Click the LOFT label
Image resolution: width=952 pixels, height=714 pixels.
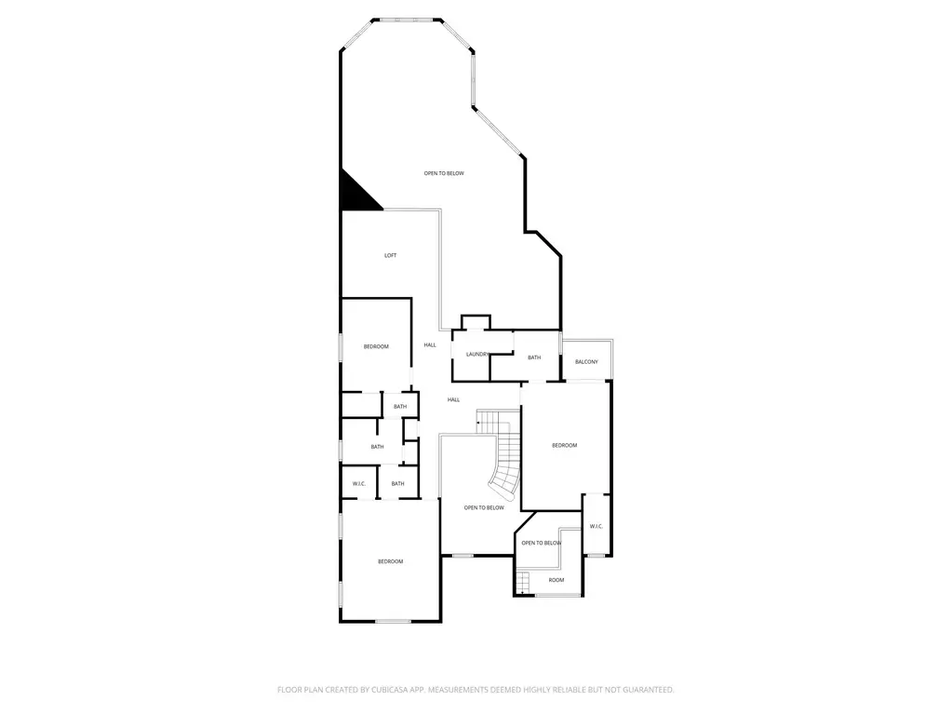click(391, 256)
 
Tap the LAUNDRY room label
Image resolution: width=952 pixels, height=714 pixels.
click(477, 355)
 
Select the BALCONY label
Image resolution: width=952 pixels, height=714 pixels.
click(586, 362)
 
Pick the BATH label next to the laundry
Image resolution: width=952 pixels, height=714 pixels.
click(534, 357)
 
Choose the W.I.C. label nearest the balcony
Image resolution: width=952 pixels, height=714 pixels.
click(597, 526)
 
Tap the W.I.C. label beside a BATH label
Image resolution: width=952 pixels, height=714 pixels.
click(359, 484)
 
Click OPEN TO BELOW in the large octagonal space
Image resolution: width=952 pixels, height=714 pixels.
click(444, 174)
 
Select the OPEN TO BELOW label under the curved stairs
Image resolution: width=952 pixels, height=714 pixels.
click(484, 508)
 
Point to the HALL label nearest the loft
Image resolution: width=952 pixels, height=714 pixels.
click(430, 345)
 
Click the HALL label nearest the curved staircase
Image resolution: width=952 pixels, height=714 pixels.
click(453, 400)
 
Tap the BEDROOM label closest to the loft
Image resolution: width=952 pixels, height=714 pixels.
click(376, 347)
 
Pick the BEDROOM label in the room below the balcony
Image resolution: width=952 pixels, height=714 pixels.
click(565, 446)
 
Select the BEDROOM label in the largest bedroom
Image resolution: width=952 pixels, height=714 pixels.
click(391, 561)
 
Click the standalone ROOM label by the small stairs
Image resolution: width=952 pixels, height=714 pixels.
click(556, 581)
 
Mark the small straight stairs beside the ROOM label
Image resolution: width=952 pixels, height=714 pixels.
click(523, 583)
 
